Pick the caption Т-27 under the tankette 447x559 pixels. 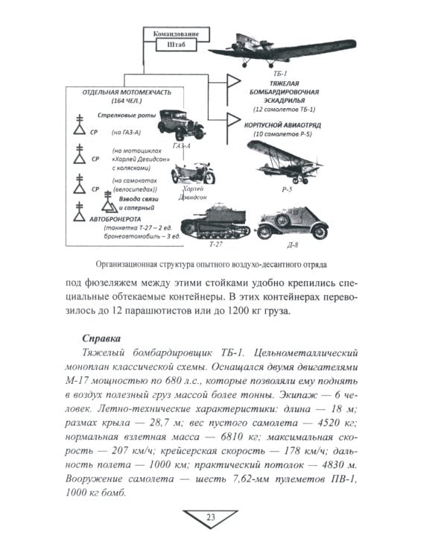[215, 243]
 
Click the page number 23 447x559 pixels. [210, 519]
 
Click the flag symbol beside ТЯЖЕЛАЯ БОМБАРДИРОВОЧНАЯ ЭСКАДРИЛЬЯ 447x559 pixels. [232, 80]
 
